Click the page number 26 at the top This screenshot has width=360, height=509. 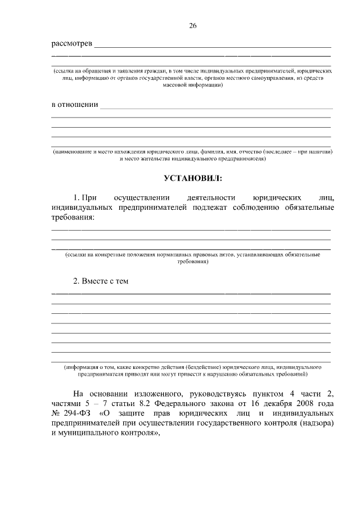pos(193,26)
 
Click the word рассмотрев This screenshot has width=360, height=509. pos(71,44)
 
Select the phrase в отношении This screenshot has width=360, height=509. pos(75,105)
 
